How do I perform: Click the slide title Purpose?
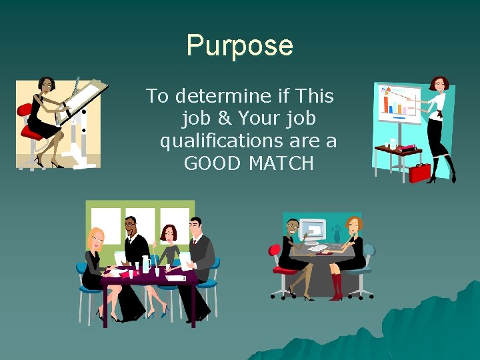pos(239,45)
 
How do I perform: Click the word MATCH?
pos(281,163)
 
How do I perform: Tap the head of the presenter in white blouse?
pos(439,85)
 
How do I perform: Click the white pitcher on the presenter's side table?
pos(393,143)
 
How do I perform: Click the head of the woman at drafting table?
pos(46,85)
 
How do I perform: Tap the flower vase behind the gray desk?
pos(337,235)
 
